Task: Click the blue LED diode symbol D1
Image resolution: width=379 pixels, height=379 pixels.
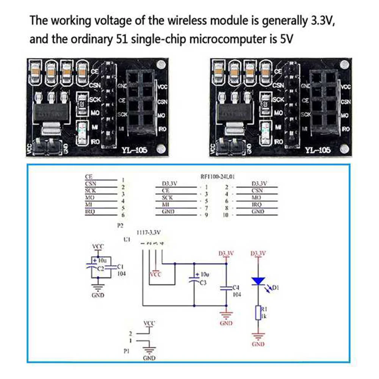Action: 259,281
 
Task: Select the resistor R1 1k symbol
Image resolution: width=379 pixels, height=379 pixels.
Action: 258,313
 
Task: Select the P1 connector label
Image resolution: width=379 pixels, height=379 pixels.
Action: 127,351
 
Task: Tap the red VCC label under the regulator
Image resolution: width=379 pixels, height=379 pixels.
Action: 155,274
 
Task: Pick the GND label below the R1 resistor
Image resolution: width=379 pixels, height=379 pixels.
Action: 258,344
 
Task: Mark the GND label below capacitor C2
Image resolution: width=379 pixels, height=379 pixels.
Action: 98,295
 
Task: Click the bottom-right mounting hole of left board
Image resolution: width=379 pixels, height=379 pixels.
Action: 162,148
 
